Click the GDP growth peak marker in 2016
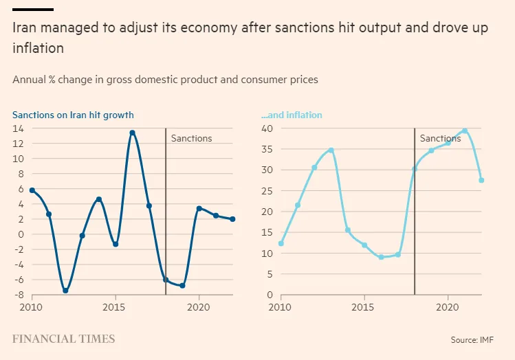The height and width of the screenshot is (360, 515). [132, 133]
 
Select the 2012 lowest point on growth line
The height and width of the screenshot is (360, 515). [65, 291]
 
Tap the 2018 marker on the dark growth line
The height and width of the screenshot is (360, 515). [166, 280]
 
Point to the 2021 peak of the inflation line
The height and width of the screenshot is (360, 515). [465, 131]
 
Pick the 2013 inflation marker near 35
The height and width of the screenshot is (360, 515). [331, 150]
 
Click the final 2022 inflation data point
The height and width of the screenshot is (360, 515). [481, 181]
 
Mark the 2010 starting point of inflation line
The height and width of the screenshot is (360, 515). [281, 243]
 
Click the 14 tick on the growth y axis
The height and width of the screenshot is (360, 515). [19, 128]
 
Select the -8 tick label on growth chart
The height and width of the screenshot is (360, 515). [19, 295]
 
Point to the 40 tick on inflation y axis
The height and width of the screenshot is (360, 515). [267, 128]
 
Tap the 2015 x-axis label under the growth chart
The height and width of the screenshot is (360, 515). [115, 307]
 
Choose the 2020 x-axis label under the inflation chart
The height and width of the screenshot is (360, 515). [448, 307]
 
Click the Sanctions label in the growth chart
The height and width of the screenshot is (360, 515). [191, 138]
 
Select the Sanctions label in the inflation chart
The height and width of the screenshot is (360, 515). [440, 138]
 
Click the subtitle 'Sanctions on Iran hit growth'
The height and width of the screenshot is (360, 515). [73, 115]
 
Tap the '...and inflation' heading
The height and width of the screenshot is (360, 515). [292, 115]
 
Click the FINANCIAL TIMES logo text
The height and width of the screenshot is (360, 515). [64, 339]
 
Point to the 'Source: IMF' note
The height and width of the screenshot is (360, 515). [472, 339]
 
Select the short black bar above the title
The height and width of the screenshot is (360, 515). [33, 9]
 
